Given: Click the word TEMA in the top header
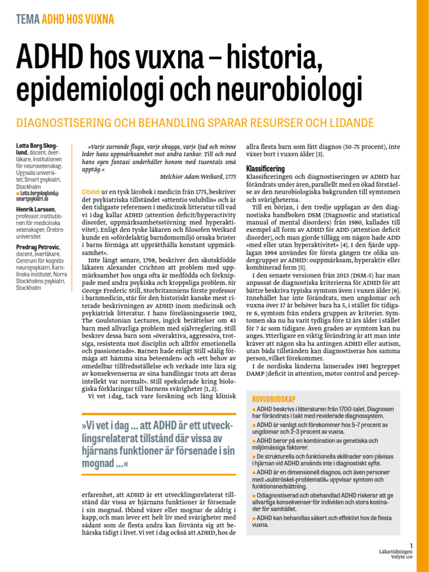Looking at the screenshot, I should [x=28, y=20].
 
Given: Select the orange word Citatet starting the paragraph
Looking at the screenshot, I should [x=92, y=191].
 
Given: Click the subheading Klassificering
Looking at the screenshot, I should [x=265, y=168].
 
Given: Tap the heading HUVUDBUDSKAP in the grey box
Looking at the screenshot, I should [x=273, y=399].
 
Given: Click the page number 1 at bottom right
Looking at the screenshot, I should [x=411, y=546].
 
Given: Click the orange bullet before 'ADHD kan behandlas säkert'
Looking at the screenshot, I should [x=254, y=518].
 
